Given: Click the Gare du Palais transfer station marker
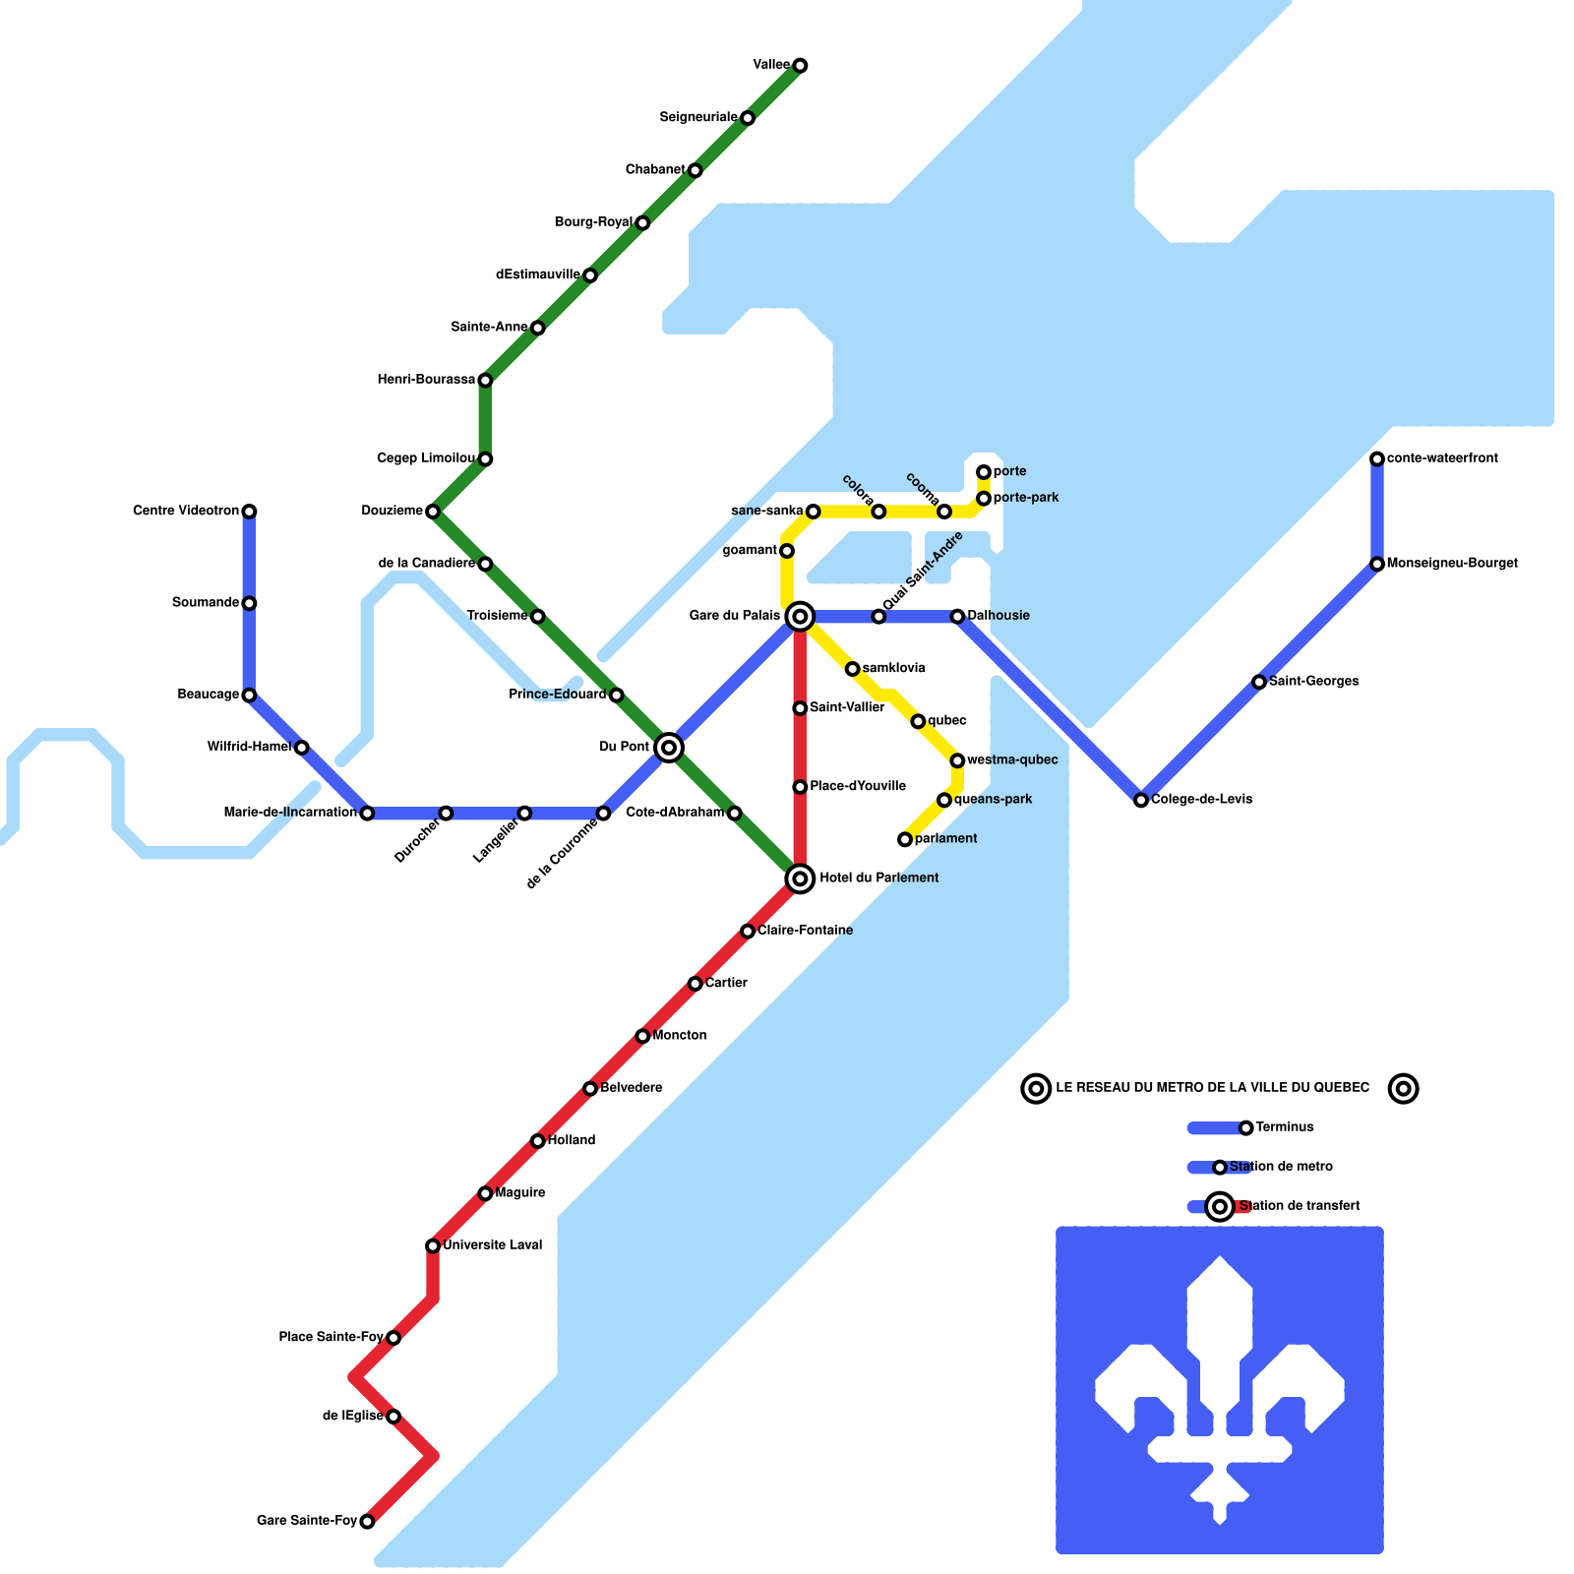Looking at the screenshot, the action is (x=800, y=617).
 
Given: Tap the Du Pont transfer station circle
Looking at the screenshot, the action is (x=669, y=748).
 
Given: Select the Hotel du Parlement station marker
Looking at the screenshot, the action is (x=800, y=878).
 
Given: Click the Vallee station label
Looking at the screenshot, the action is (x=771, y=65).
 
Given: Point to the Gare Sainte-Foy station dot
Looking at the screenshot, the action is (x=367, y=1522).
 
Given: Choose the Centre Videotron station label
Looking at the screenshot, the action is (x=186, y=511).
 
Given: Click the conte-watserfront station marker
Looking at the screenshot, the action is (x=1377, y=459).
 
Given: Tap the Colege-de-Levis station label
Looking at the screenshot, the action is (x=1201, y=799).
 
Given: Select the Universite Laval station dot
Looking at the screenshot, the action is (x=433, y=1246).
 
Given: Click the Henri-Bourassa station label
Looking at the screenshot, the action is (x=426, y=380).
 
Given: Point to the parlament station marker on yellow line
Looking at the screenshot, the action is (x=905, y=839).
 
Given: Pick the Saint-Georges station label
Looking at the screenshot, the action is (x=1313, y=681).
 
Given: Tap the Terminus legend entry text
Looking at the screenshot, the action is (x=1284, y=1127).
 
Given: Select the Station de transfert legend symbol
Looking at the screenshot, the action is (x=1220, y=1206).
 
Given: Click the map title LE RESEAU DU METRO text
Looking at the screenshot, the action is (x=1212, y=1088).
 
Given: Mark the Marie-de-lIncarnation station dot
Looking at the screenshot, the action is (x=367, y=814).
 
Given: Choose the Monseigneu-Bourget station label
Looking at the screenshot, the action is (x=1451, y=564).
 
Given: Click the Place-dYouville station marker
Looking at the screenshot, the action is (x=800, y=787).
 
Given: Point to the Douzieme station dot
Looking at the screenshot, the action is (x=433, y=512).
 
